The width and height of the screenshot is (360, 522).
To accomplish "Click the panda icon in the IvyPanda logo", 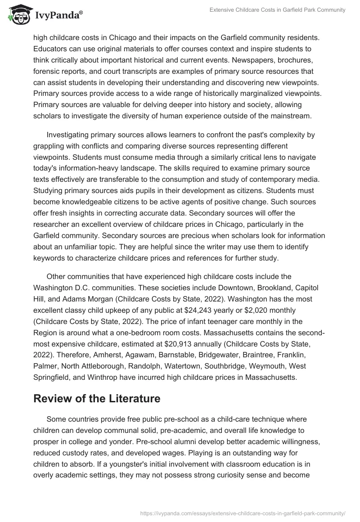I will pyautogui.click(x=18, y=14).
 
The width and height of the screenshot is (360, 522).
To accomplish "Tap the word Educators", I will pyautogui.click(x=51, y=49).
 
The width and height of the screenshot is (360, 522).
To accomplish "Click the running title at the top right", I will pyautogui.click(x=277, y=10).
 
